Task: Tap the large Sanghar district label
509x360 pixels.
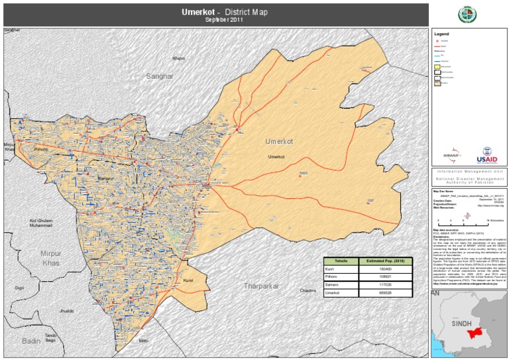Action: click(159, 76)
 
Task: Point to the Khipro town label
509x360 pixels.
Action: click(178, 58)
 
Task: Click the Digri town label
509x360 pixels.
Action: click(20, 288)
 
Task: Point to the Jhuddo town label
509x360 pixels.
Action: click(66, 310)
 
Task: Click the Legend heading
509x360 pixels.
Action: click(442, 33)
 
